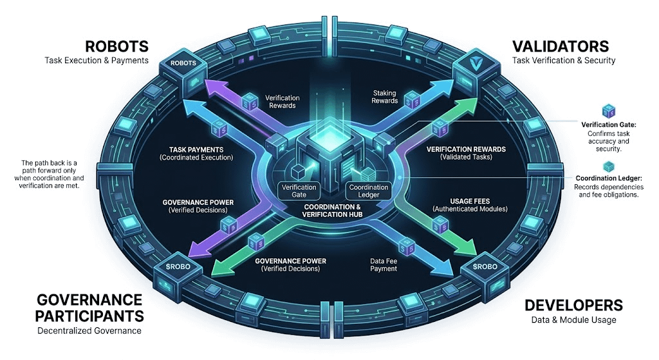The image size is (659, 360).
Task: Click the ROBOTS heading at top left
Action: tap(118, 46)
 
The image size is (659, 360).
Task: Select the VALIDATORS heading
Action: tap(560, 46)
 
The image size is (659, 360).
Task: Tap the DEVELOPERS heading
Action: tap(573, 305)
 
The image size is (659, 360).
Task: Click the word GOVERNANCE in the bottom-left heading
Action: tap(89, 300)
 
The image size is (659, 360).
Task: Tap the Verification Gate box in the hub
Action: tap(300, 191)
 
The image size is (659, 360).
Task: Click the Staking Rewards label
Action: tap(385, 97)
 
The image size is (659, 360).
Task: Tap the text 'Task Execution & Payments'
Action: tap(97, 61)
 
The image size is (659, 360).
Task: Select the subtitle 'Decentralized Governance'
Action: tap(89, 331)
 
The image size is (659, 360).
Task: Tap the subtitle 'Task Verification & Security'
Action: tap(564, 61)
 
